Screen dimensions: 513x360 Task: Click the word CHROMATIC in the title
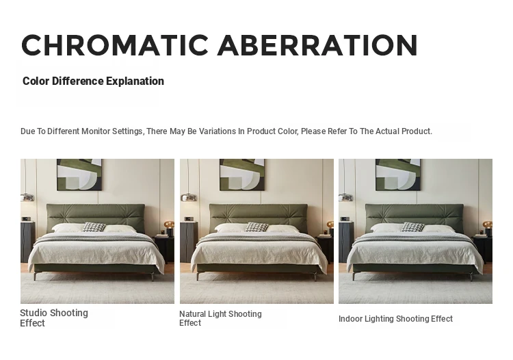coord(115,45)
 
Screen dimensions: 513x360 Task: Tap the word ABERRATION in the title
coord(317,45)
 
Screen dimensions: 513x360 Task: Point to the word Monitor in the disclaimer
coord(96,131)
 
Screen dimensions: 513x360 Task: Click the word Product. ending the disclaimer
coord(417,131)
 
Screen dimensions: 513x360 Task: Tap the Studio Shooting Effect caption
coord(54,318)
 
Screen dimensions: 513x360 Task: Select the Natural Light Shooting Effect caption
coord(220,318)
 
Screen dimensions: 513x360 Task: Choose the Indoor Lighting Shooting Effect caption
coord(395,319)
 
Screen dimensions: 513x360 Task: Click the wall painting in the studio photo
coord(79,175)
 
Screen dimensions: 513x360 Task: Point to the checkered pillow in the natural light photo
coord(256,227)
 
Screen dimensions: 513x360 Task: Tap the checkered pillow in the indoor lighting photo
coord(412,227)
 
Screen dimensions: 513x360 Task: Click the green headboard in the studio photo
coord(96,216)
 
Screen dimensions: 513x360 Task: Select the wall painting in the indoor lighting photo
coord(398,175)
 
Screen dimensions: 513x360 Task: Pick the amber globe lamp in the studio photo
coord(169,225)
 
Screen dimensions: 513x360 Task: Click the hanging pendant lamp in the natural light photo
coord(189,197)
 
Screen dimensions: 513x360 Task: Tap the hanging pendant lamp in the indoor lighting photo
coord(346,197)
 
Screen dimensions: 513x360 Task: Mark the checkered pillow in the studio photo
coord(94,227)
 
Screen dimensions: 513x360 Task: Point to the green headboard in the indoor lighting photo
coord(415,216)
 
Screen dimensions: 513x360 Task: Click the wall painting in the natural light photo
coord(242,175)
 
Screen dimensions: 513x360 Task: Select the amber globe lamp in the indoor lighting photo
coord(488,225)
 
